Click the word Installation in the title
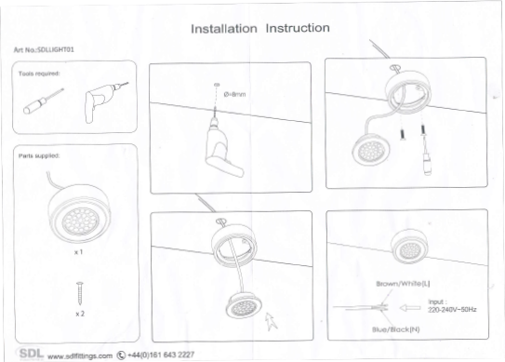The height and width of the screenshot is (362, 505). pos(223,29)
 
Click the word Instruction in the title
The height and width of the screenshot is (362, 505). pos(298,28)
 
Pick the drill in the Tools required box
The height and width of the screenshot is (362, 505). pos(101,99)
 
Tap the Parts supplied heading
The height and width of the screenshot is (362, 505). pos(40,155)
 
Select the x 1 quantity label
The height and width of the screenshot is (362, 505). pos(79,252)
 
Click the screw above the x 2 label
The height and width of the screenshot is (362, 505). pos(80,294)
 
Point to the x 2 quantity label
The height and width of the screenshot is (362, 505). pos(80,315)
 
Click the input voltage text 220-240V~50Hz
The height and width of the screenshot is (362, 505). pos(452,308)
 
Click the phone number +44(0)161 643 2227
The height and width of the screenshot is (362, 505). pos(160,355)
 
